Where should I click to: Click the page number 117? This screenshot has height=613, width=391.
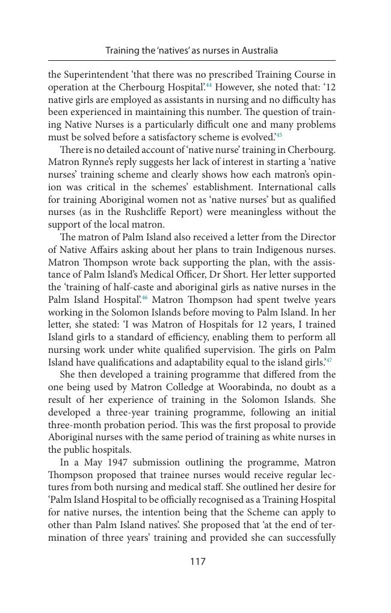click(198, 562)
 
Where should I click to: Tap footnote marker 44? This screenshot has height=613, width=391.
click(209, 85)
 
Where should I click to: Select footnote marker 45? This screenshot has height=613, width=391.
click(279, 135)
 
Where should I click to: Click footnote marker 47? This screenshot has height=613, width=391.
click(329, 360)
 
